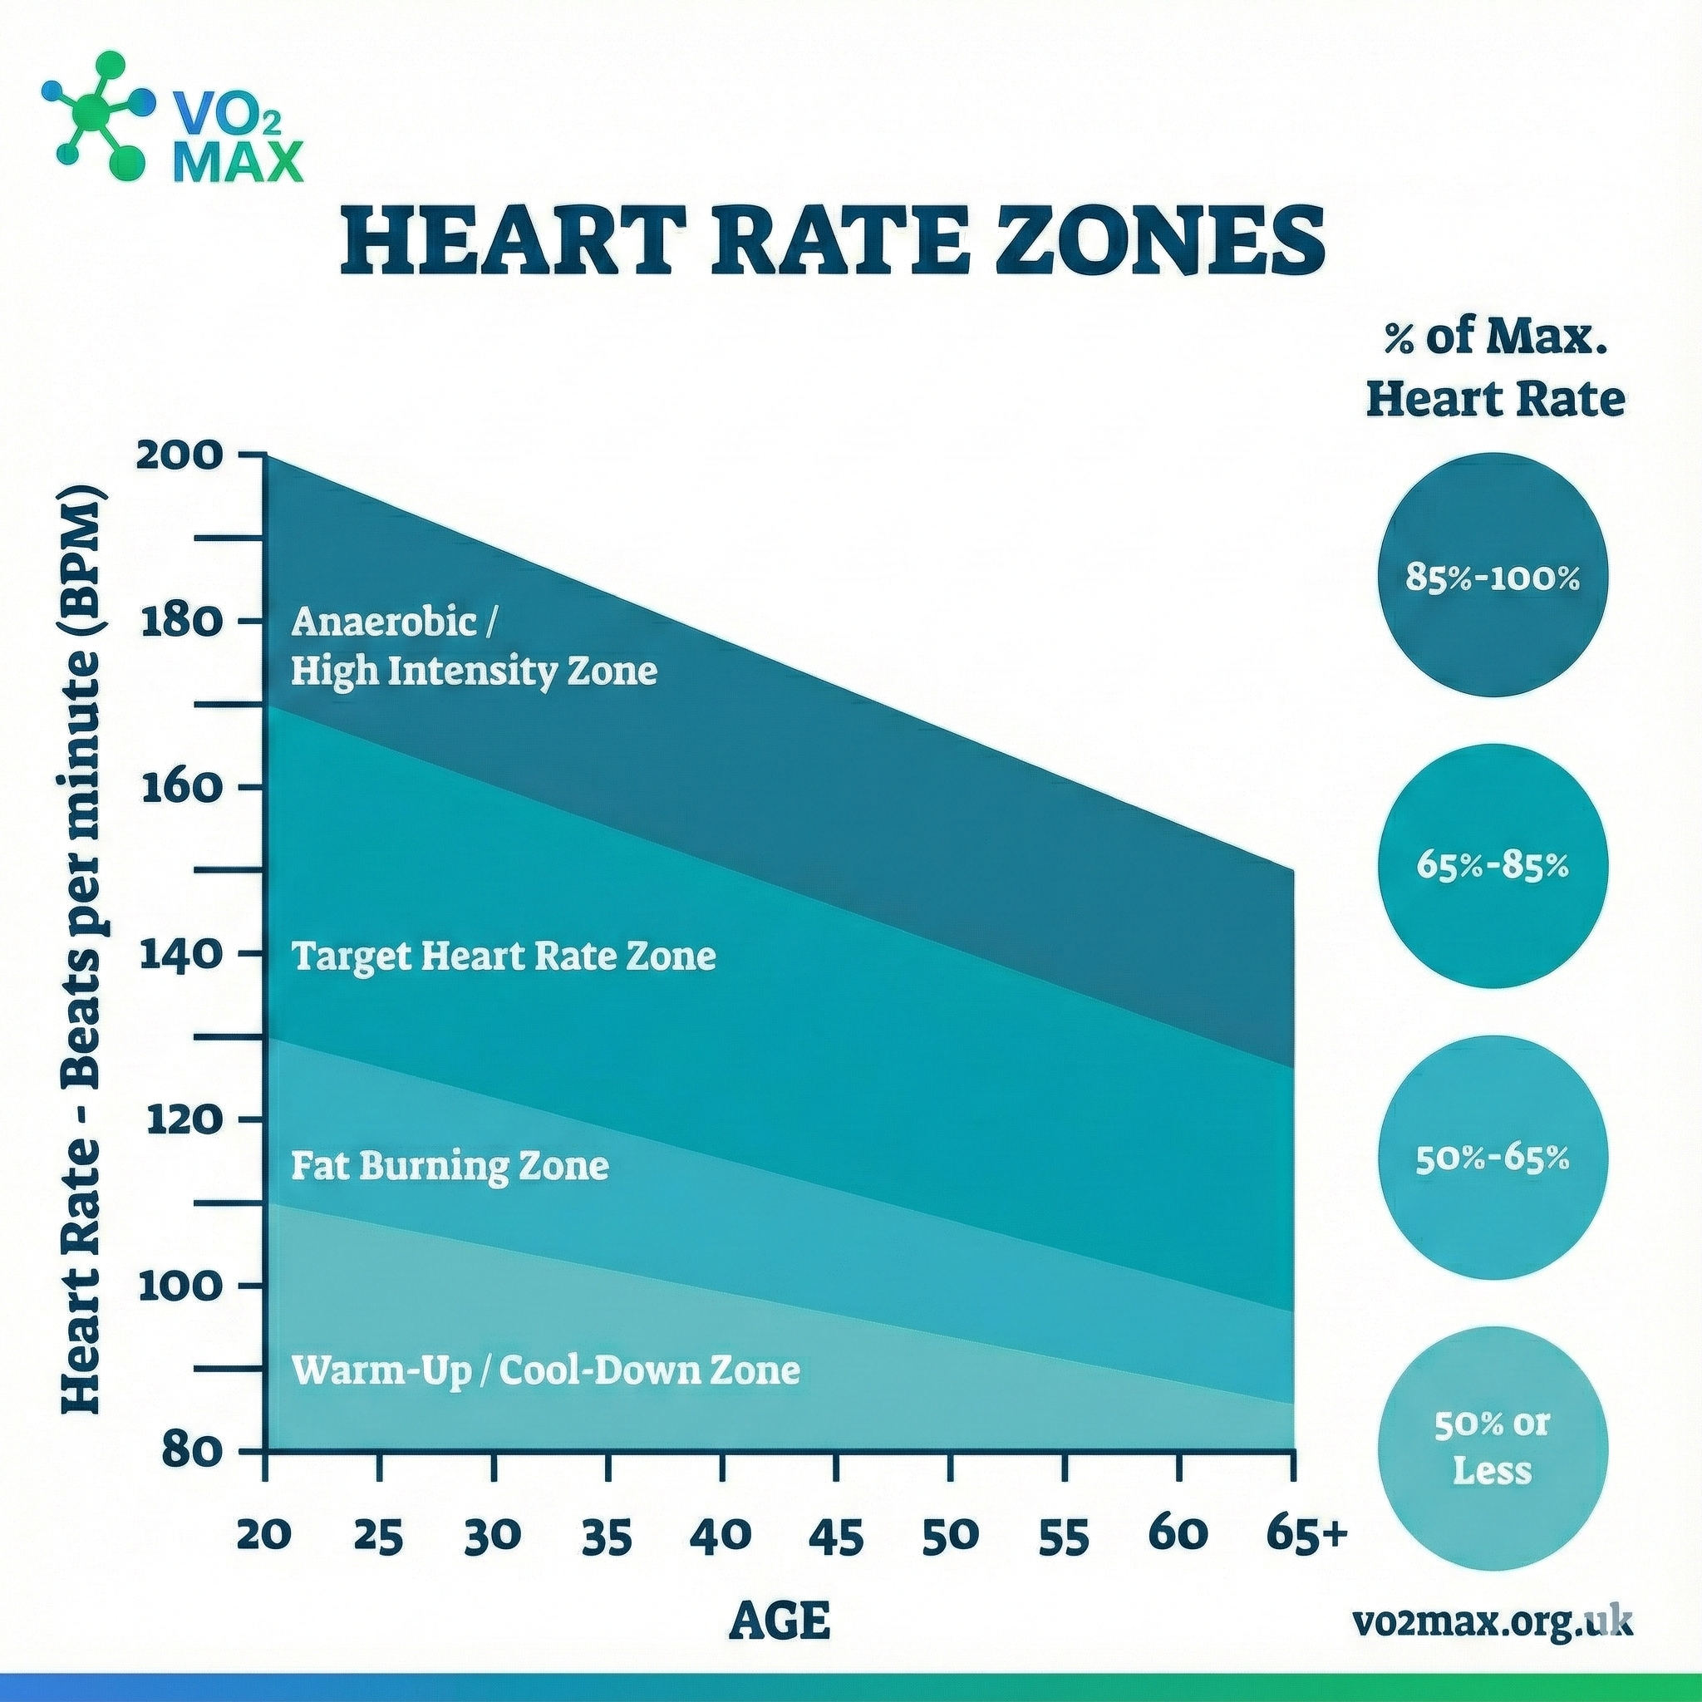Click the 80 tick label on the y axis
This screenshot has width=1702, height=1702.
pos(189,1450)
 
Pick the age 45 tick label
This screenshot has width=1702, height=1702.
pos(836,1537)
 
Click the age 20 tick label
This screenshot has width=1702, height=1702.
pos(264,1537)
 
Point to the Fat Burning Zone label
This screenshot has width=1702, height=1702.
pos(450,1166)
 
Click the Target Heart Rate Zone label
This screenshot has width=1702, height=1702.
pos(503,956)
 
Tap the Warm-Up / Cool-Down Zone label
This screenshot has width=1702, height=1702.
pos(545,1370)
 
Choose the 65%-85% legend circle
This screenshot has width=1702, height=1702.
pos(1492,866)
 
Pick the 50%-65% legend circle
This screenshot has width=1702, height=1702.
pos(1492,1158)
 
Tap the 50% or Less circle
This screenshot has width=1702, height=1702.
pos(1492,1450)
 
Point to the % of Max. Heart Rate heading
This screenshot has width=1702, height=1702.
pos(1495,370)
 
